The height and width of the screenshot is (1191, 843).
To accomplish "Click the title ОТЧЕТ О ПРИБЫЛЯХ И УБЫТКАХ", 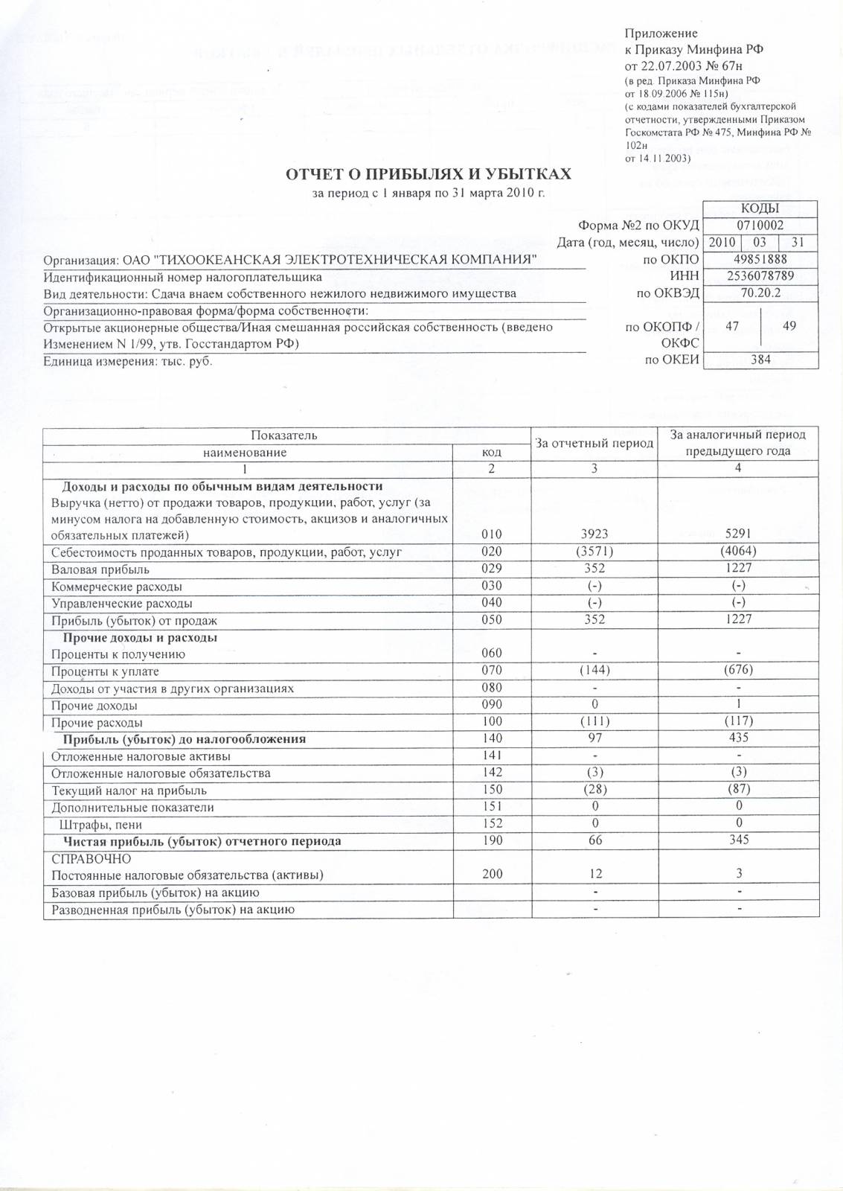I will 429,174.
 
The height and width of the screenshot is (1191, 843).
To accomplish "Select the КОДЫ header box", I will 760,209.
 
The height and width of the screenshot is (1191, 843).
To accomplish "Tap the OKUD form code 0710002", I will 760,226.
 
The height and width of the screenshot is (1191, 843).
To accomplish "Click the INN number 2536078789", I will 760,276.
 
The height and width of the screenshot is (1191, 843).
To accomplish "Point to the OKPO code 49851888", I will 760,259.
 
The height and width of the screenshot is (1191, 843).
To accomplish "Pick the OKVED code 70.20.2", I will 760,293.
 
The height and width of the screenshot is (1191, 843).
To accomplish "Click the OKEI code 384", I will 760,360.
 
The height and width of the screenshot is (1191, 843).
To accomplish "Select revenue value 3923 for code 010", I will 594,534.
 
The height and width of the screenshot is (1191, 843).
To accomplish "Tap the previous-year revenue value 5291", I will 738,534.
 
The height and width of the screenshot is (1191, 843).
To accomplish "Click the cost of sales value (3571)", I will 594,552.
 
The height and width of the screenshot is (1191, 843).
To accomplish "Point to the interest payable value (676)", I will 738,670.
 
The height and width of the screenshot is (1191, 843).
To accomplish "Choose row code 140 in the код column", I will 492,738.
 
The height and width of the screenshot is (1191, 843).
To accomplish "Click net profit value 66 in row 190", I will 594,840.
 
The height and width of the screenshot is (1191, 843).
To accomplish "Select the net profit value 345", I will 738,840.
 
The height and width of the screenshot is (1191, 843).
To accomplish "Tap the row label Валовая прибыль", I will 100,569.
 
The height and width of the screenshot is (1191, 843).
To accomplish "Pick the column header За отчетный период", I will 594,443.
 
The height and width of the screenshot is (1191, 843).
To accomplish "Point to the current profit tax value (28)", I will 594,790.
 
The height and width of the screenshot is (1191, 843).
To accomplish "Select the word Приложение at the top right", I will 661,33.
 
